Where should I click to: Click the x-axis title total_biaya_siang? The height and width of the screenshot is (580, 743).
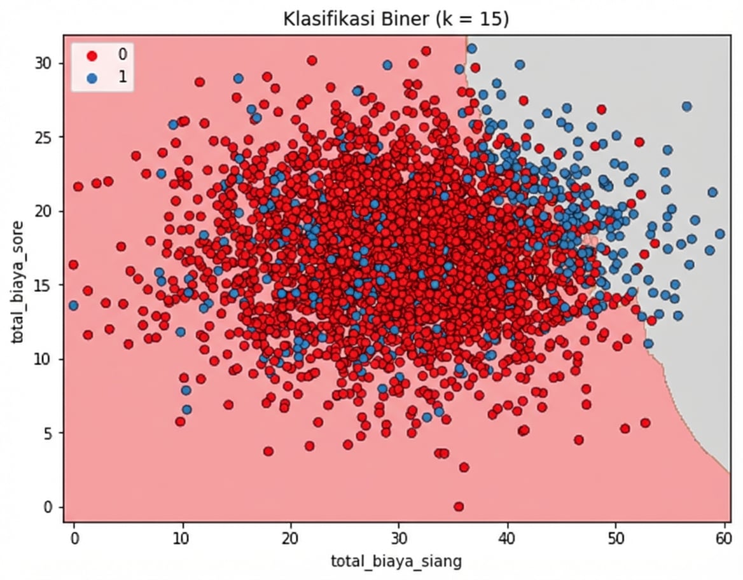click(x=395, y=560)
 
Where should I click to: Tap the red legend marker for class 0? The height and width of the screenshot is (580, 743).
click(x=92, y=55)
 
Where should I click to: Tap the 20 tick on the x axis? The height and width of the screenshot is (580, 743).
click(x=291, y=537)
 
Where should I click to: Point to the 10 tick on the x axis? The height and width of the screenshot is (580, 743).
click(x=183, y=537)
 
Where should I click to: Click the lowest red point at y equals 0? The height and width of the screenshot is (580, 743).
click(x=459, y=507)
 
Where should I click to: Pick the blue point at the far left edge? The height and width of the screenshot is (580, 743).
click(x=73, y=305)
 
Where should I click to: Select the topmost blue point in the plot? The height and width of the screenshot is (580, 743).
click(x=471, y=48)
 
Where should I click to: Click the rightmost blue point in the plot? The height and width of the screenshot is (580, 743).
click(x=719, y=234)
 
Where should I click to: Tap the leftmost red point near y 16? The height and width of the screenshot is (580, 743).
click(x=73, y=265)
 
